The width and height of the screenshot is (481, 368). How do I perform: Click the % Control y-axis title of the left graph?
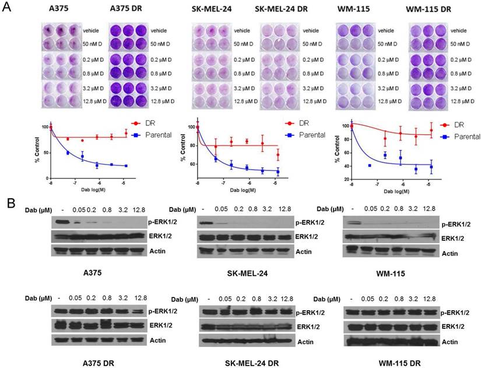pos(38,150)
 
